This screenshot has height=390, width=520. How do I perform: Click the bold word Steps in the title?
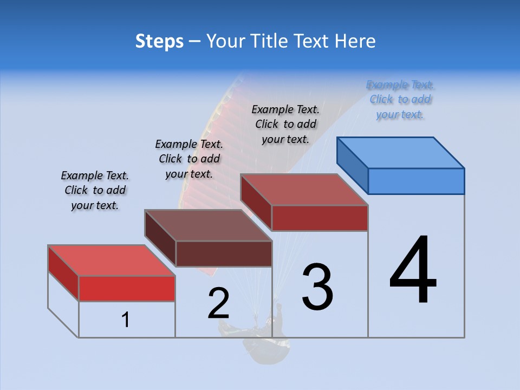point(159,41)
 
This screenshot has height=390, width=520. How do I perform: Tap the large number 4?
point(413,271)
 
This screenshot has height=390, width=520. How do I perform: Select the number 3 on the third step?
point(317,287)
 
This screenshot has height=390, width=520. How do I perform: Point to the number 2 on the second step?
point(218,303)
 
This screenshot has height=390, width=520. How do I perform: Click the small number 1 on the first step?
point(126,320)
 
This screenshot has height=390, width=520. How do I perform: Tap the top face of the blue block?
point(401,153)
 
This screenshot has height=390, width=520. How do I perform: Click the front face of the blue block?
point(416,181)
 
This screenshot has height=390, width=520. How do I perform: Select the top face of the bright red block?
point(112,261)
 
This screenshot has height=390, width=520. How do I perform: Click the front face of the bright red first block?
point(127,289)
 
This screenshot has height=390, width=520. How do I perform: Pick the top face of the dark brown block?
point(208,225)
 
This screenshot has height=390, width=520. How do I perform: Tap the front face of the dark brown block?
point(224,254)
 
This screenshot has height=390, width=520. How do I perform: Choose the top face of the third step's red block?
point(304,190)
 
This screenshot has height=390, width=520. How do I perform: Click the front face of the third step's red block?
point(320,218)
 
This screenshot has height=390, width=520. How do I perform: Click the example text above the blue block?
point(400,100)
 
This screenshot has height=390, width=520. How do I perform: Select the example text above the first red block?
point(95,191)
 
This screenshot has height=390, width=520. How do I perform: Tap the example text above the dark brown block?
point(189,159)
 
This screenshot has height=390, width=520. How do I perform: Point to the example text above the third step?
point(285,125)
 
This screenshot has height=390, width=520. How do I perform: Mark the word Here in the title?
point(357,41)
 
